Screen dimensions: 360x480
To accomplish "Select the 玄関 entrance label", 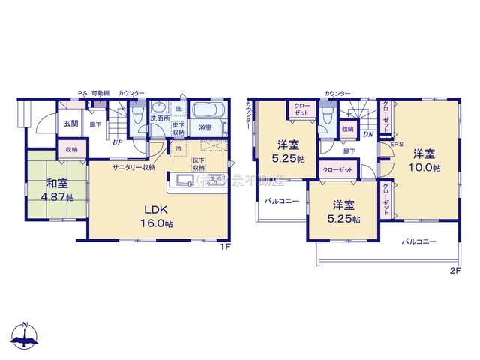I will (70, 124).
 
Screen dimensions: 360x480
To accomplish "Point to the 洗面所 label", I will (159, 118).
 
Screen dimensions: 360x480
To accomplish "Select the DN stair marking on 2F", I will (367, 134).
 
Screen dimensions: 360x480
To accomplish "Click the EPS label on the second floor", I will (397, 144).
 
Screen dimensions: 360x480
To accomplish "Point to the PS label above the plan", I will (82, 93).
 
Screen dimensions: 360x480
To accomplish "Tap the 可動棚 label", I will (100, 93).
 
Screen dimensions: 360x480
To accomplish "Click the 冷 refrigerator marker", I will (178, 148).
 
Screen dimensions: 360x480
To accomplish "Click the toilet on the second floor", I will (328, 116).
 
